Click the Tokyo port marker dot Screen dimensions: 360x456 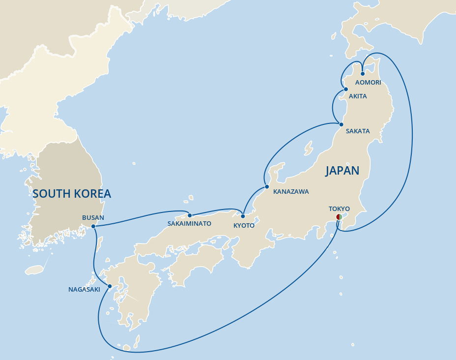click(x=339, y=217)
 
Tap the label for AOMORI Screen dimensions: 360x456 click(x=369, y=83)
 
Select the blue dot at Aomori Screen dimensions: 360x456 click(x=362, y=74)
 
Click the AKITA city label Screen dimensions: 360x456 click(x=358, y=96)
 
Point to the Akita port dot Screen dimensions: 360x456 click(x=345, y=90)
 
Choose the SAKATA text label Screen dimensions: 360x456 click(x=358, y=131)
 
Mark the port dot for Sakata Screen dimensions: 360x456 click(x=341, y=124)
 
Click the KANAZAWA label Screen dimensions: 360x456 click(x=291, y=192)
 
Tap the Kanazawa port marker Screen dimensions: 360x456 click(x=266, y=187)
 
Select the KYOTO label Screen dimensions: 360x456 click(x=244, y=225)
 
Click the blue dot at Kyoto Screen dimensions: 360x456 click(x=243, y=216)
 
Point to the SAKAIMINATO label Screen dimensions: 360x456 click(x=189, y=224)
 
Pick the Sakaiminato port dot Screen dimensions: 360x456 click(x=190, y=215)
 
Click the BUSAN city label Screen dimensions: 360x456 click(x=93, y=217)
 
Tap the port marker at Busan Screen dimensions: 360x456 click(x=93, y=226)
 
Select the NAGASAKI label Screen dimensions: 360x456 click(x=84, y=290)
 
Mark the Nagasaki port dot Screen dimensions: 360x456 click(x=110, y=286)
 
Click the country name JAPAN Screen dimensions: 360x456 click(x=342, y=171)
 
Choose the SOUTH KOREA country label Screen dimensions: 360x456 click(x=72, y=194)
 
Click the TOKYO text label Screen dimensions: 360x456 click(x=339, y=209)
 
